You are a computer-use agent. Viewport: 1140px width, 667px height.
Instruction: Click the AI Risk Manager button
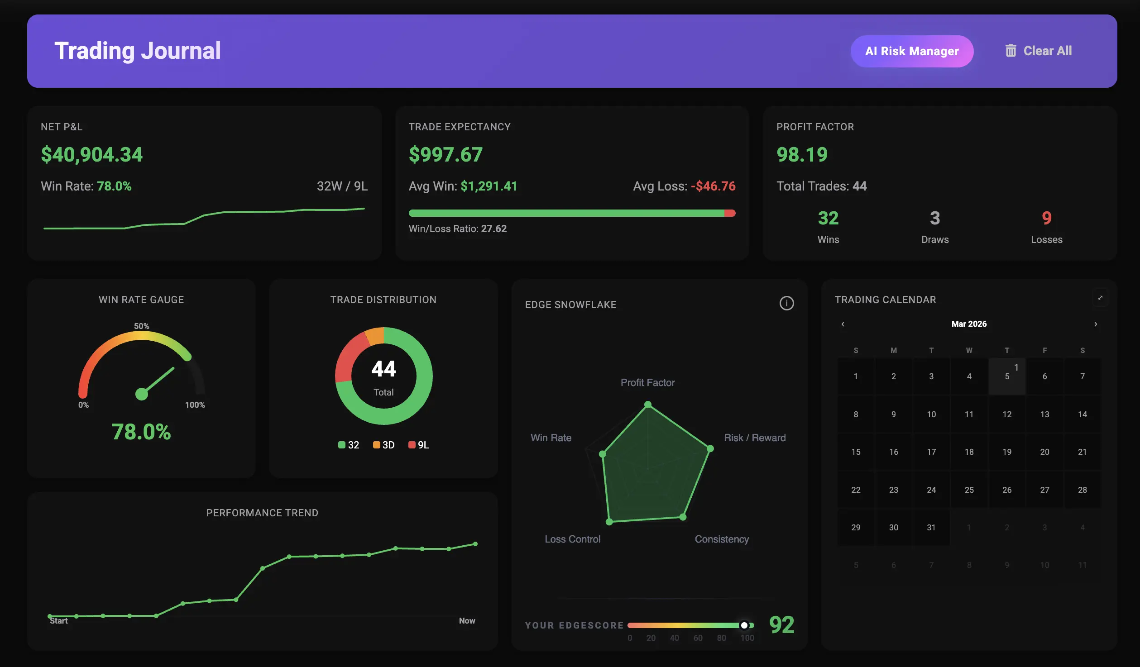tap(911, 51)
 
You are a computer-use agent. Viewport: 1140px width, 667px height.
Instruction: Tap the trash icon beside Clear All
tap(1011, 51)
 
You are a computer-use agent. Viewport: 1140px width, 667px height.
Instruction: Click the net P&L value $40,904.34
tap(91, 155)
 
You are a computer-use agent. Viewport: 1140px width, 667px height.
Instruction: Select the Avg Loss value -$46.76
tap(713, 186)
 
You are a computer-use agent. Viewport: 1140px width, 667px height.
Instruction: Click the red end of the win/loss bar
tap(730, 213)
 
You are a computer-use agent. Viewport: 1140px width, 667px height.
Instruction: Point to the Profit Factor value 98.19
tap(802, 155)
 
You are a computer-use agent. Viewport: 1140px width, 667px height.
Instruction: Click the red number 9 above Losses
tap(1046, 218)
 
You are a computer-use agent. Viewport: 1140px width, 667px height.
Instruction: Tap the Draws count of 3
tap(934, 218)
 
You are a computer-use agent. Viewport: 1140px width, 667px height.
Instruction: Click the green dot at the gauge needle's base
tap(142, 394)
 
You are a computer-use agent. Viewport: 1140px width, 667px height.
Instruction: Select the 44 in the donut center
tap(383, 369)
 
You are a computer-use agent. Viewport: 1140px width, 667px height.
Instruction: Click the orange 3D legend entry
tap(383, 445)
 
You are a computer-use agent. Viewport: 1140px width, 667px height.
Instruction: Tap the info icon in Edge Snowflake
tap(786, 303)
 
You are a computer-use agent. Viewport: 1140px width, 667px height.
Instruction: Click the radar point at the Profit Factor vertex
tap(648, 405)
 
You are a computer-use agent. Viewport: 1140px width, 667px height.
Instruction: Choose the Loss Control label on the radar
tap(572, 539)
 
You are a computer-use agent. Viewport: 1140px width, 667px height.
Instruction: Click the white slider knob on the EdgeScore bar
tap(744, 625)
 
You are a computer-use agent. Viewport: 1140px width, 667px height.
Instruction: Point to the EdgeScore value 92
tap(781, 625)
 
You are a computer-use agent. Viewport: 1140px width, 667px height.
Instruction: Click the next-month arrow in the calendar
tap(1096, 324)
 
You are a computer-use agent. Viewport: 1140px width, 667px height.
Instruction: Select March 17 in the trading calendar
tap(931, 452)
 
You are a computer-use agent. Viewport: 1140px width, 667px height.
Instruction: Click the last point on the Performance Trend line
tap(475, 544)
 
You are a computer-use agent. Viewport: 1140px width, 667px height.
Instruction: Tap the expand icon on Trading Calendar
tap(1100, 298)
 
